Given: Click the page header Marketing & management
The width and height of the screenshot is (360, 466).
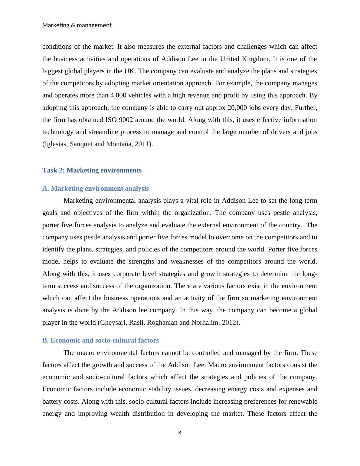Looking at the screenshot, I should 77,25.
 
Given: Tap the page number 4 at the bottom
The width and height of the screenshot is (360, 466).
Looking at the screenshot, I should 180,433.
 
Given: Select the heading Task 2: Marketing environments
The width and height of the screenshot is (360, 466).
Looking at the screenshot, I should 92,170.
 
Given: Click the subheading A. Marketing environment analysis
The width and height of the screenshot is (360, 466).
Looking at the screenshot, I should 96,189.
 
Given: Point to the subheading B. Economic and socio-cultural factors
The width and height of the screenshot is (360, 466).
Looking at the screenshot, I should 100,340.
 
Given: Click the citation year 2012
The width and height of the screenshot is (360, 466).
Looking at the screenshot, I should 230,323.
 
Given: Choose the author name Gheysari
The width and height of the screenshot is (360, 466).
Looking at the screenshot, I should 113,323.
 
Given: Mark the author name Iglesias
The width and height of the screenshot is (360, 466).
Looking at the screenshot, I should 56,144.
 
